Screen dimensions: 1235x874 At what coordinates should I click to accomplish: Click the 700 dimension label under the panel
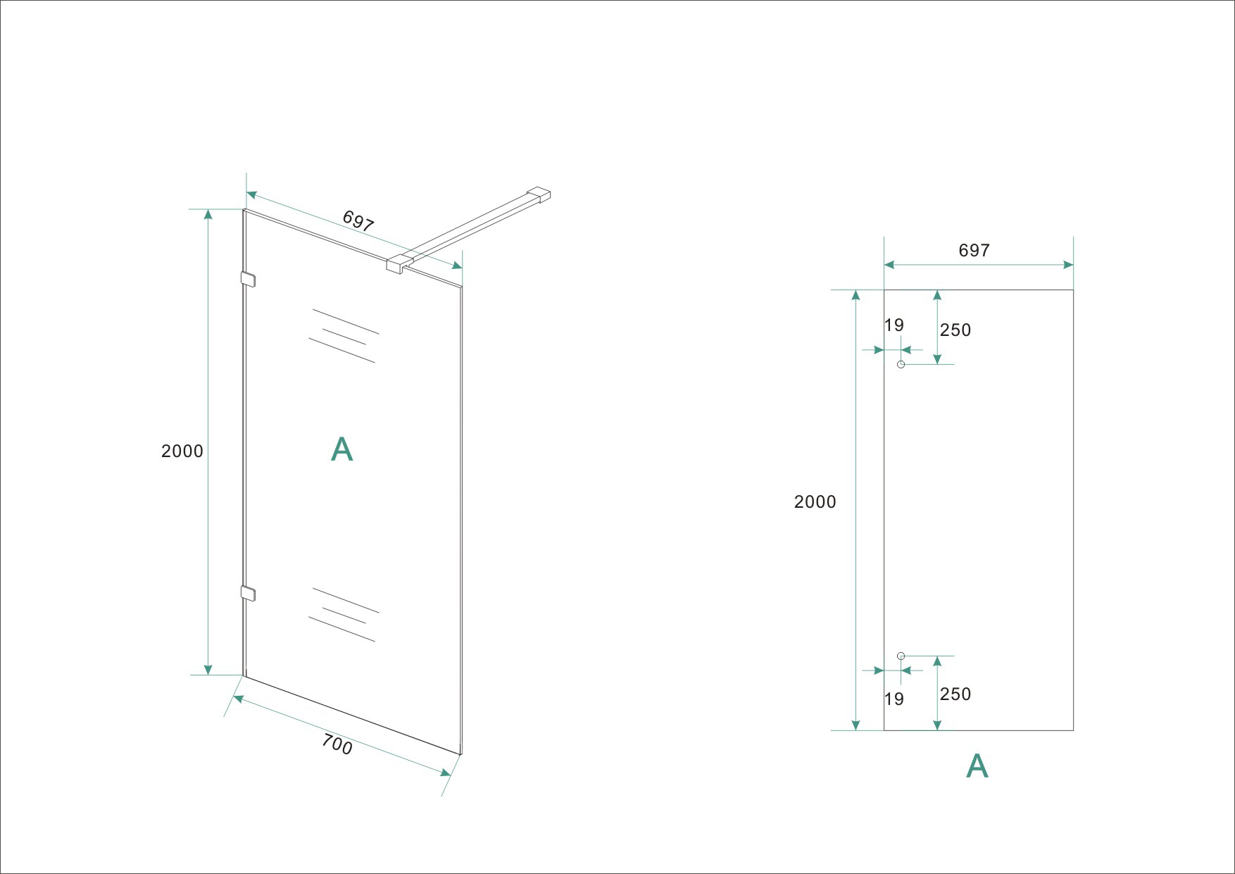(x=337, y=744)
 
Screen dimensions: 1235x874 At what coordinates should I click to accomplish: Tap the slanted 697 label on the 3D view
(x=358, y=220)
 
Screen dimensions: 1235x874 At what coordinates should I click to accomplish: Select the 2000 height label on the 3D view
(x=182, y=451)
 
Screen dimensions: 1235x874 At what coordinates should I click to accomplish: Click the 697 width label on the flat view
(x=974, y=250)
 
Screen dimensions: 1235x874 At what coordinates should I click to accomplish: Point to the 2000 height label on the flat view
(x=815, y=501)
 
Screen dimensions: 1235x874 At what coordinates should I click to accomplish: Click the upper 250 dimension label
(x=955, y=330)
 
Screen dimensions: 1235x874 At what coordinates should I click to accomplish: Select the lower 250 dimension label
(x=955, y=694)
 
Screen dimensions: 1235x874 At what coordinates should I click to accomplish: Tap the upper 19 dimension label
(x=894, y=325)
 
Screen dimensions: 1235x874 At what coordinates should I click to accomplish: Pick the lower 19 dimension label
(x=894, y=699)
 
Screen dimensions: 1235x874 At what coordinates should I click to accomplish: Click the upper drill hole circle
(x=901, y=364)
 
